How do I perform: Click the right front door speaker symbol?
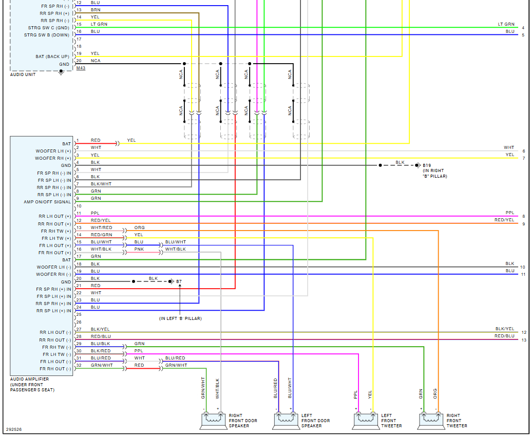click(x=212, y=421)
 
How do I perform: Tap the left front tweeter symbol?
click(x=365, y=421)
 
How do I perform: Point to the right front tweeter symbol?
click(x=430, y=421)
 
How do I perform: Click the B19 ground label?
click(x=427, y=165)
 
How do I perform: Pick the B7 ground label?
click(x=179, y=281)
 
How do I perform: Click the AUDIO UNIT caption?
click(x=23, y=75)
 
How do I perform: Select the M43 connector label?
click(x=81, y=68)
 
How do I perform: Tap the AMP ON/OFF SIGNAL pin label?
click(x=47, y=202)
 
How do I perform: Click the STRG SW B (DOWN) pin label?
click(x=47, y=35)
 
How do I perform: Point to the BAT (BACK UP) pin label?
click(x=52, y=56)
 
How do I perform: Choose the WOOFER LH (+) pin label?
click(x=53, y=152)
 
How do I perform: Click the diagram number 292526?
click(x=14, y=429)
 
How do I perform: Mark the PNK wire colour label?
click(x=139, y=249)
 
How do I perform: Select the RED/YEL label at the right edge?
click(x=504, y=220)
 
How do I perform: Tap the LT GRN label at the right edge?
click(x=506, y=24)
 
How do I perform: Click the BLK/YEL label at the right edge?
click(x=504, y=329)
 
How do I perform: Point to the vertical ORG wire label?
click(x=436, y=394)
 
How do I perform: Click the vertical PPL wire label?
click(x=355, y=394)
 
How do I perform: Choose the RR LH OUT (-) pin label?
click(x=53, y=333)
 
